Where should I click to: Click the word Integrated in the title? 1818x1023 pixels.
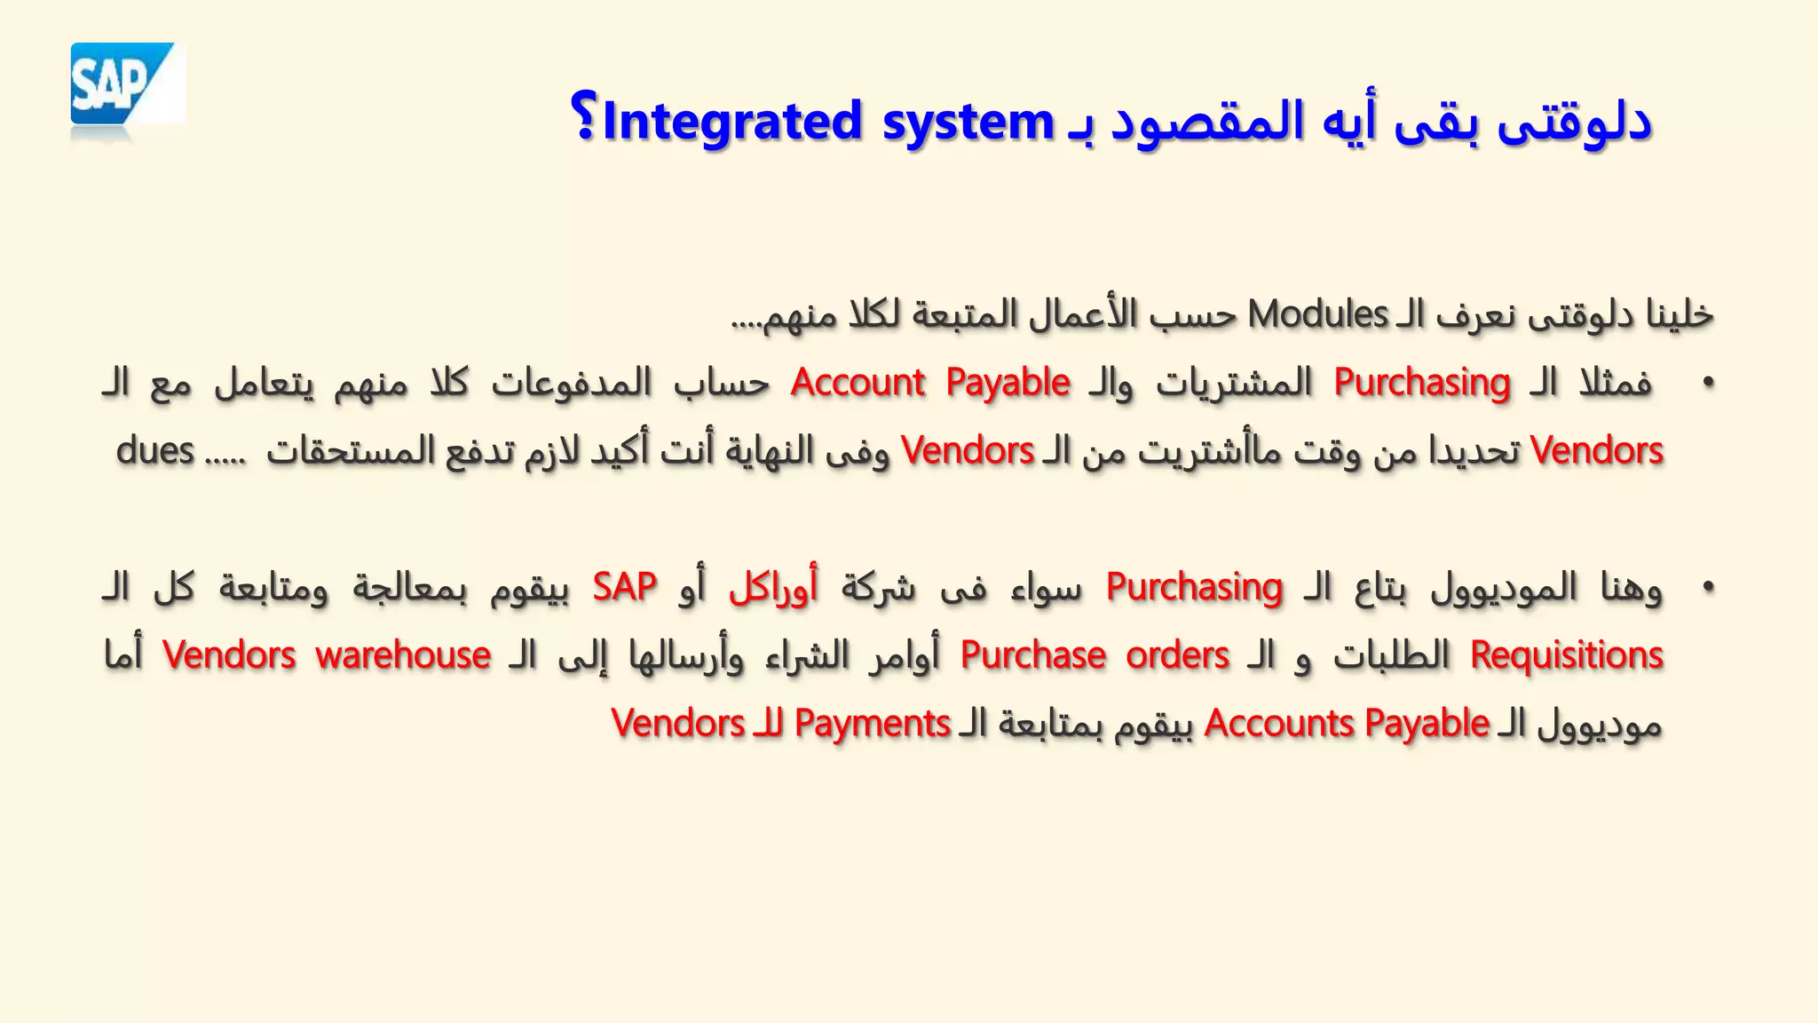pyautogui.click(x=731, y=123)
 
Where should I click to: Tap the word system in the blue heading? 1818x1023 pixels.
pyautogui.click(x=968, y=123)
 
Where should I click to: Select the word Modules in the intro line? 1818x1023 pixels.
pyautogui.click(x=1317, y=314)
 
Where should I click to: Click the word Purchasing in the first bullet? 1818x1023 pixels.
pyautogui.click(x=1421, y=383)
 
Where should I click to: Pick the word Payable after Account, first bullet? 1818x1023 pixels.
pyautogui.click(x=1008, y=383)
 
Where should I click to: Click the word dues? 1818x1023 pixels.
pyautogui.click(x=155, y=451)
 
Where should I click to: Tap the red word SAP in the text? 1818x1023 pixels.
pyautogui.click(x=625, y=587)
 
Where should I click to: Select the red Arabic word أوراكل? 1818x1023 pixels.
pyautogui.click(x=772, y=587)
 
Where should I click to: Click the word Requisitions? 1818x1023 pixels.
pyautogui.click(x=1566, y=655)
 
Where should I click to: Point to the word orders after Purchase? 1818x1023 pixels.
pyautogui.click(x=1177, y=655)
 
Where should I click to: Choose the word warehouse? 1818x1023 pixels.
pyautogui.click(x=403, y=655)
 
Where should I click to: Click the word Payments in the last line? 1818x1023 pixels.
pyautogui.click(x=873, y=724)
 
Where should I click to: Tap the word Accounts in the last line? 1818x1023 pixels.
pyautogui.click(x=1279, y=724)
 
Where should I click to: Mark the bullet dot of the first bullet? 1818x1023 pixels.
pyautogui.click(x=1707, y=384)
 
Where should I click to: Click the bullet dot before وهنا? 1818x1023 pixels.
pyautogui.click(x=1707, y=588)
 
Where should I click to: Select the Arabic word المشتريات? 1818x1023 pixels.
pyautogui.click(x=1234, y=383)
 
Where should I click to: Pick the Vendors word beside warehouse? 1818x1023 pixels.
pyautogui.click(x=229, y=655)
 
